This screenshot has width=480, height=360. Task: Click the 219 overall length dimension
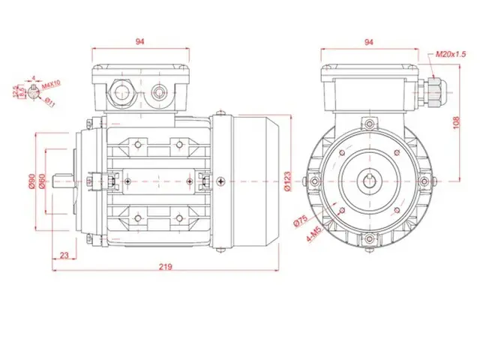coord(165,265)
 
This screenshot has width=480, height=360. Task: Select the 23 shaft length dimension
coord(64,255)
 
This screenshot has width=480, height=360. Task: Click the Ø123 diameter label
coord(289,181)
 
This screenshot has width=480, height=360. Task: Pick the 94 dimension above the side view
coord(140,42)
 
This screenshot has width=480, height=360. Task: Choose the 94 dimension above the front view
coord(369,42)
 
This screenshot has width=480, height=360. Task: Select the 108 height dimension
coord(457,120)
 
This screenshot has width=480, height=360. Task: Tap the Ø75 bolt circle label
coord(301,221)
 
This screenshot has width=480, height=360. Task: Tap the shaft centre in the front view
coord(369,181)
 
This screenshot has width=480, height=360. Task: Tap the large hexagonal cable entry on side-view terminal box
coord(121,93)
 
